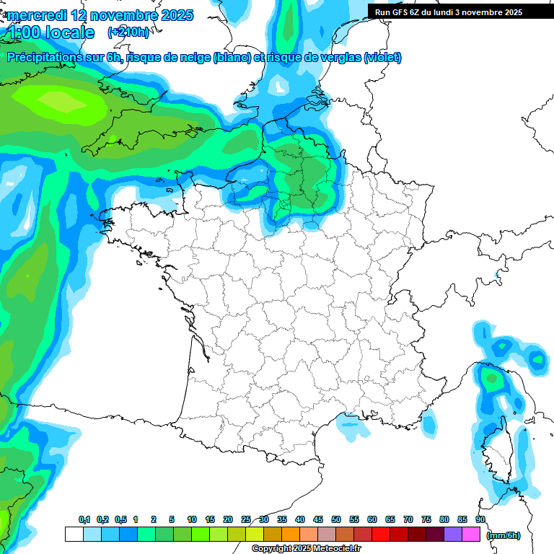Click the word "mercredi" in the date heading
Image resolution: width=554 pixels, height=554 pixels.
[x=35, y=15]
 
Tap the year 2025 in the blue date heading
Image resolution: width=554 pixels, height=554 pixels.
[x=174, y=15]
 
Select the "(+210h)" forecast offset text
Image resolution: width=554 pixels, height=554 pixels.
[x=128, y=32]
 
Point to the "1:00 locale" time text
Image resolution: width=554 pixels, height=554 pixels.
[x=51, y=32]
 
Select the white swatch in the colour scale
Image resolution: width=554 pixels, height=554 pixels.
[x=74, y=535]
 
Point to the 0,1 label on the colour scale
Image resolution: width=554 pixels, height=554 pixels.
[x=84, y=520]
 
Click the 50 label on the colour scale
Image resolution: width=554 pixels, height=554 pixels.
[x=336, y=520]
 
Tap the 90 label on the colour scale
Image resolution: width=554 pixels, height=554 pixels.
[x=480, y=520]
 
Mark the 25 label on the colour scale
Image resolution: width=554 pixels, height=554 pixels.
[x=246, y=520]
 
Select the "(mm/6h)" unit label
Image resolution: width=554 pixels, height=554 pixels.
[x=504, y=535]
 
